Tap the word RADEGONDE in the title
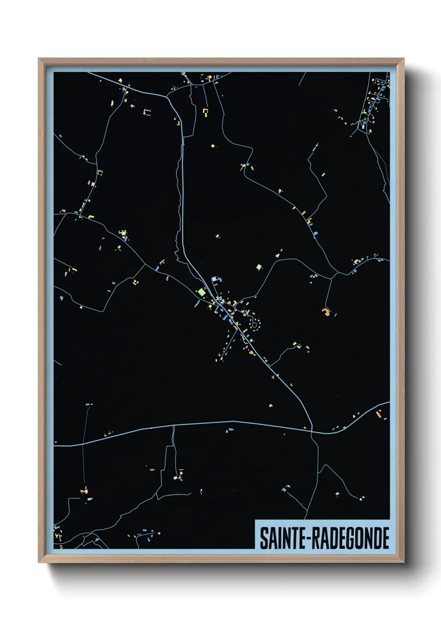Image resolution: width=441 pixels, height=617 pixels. click(x=351, y=538)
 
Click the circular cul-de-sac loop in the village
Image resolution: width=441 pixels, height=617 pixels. click(x=254, y=324)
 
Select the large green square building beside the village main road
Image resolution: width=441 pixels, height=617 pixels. click(x=202, y=292)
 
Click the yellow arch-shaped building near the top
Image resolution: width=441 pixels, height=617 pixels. click(x=205, y=111)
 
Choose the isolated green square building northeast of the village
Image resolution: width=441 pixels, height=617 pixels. click(x=259, y=267)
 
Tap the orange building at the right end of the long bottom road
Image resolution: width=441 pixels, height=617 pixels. click(x=379, y=414)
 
